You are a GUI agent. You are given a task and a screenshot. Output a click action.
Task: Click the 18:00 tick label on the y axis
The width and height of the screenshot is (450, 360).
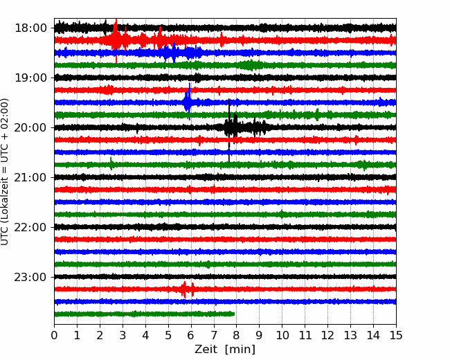pyautogui.click(x=30, y=28)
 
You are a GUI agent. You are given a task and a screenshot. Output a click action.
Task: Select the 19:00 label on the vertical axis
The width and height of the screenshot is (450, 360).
pyautogui.click(x=30, y=78)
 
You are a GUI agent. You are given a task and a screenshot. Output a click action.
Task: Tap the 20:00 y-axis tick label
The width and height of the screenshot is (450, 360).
pyautogui.click(x=30, y=127)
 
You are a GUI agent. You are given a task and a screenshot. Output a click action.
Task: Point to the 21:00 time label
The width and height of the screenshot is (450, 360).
pyautogui.click(x=30, y=177)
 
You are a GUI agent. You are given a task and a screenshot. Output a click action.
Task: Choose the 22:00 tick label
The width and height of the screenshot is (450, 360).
pyautogui.click(x=30, y=227)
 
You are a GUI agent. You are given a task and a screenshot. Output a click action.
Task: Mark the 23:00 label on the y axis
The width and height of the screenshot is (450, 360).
pyautogui.click(x=30, y=277)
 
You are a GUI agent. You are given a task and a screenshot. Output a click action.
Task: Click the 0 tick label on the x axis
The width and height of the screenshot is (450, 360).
pyautogui.click(x=54, y=335)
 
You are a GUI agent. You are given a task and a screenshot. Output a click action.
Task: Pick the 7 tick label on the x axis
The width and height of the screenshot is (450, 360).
pyautogui.click(x=214, y=335)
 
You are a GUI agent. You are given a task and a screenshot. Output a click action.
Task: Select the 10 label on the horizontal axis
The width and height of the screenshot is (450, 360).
pyautogui.click(x=282, y=335)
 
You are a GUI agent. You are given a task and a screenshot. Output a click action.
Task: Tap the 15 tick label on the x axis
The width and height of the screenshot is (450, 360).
pyautogui.click(x=396, y=335)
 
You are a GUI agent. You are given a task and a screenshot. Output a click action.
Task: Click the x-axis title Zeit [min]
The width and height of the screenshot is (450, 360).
pyautogui.click(x=225, y=350)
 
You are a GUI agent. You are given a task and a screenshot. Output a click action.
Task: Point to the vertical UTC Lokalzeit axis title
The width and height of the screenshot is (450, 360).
pyautogui.click(x=5, y=172)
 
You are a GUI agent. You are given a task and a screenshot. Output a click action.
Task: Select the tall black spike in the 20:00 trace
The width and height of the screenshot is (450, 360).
pyautogui.click(x=229, y=130)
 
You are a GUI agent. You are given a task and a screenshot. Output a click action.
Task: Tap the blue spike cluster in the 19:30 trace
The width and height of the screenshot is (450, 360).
pyautogui.click(x=188, y=101)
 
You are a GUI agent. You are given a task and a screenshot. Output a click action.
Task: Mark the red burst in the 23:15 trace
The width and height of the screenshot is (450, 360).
pyautogui.click(x=187, y=289)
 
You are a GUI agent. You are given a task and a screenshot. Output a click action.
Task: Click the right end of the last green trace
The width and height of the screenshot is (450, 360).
pyautogui.click(x=234, y=314)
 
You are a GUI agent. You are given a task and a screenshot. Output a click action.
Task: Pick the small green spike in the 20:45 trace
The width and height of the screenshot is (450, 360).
pyautogui.click(x=111, y=163)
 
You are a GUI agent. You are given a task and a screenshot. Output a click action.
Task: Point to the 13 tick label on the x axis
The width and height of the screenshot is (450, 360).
pyautogui.click(x=350, y=335)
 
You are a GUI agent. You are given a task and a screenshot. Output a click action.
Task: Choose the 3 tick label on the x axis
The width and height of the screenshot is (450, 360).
pyautogui.click(x=123, y=335)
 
